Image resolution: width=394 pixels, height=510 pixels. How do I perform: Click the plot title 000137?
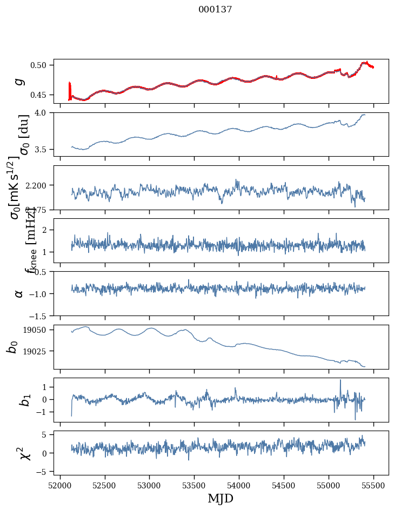point(215,10)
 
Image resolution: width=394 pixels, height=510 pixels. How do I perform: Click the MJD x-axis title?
point(221,499)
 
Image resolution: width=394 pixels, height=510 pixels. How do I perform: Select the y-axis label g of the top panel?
point(19,81)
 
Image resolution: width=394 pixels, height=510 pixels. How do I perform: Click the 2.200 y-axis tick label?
point(39,185)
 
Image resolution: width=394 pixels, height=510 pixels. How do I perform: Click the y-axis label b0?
point(12,347)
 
